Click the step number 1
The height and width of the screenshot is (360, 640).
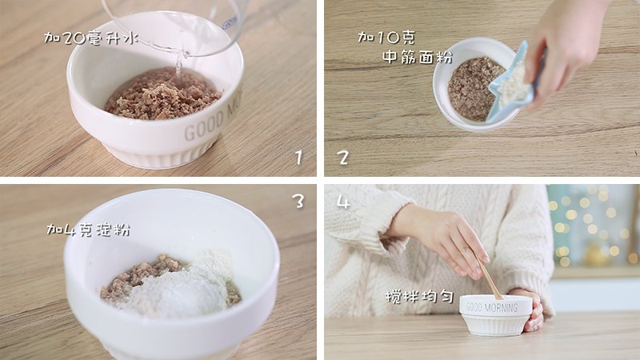[298, 158]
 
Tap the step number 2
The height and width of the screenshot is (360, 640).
[343, 158]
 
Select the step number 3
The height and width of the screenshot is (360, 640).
[298, 200]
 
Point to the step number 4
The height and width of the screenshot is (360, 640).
[343, 202]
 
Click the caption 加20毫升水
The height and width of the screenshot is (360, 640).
[91, 38]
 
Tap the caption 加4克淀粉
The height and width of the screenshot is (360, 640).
[88, 230]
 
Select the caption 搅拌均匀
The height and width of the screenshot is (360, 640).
[419, 297]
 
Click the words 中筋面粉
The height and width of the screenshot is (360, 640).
[418, 57]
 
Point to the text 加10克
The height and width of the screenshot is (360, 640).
[386, 38]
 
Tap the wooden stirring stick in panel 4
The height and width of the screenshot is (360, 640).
[489, 278]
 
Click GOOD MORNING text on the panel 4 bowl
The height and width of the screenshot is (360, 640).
[491, 307]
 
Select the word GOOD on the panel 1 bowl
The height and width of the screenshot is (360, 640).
[204, 125]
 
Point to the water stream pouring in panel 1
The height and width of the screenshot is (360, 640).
[179, 66]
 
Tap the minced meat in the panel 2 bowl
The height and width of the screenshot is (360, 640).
[473, 90]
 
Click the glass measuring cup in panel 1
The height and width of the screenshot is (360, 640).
[175, 25]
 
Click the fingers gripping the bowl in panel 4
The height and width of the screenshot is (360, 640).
[535, 311]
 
